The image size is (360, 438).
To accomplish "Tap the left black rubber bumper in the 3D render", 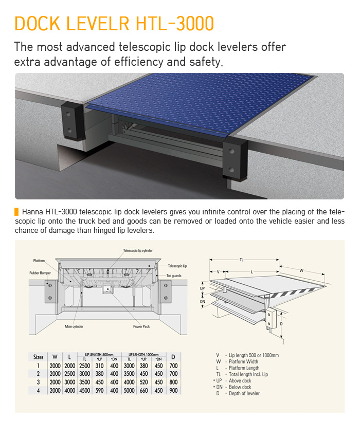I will coord(73,120).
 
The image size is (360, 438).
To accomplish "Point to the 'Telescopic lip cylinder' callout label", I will coord(138,251).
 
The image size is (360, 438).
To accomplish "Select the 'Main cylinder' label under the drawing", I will coord(74,326).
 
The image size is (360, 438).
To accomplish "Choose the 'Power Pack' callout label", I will coord(141,326).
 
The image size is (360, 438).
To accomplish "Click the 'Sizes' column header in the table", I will coord(38,356).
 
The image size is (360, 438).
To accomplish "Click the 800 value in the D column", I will coord(173,382).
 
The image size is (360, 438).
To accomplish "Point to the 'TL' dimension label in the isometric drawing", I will coord(241,260).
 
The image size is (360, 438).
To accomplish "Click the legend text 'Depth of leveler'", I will coord(244,393).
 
